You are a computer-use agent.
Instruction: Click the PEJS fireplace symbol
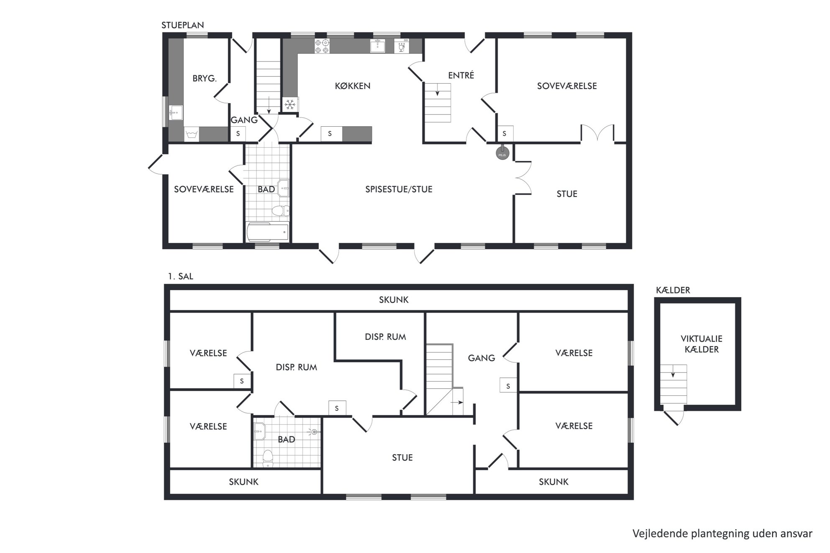pos(502,153)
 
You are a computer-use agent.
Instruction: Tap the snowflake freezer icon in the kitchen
pos(290,104)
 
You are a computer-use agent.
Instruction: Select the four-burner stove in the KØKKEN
pos(322,46)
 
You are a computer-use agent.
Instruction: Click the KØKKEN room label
pos(353,86)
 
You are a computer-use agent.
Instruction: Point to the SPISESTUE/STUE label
pos(399,189)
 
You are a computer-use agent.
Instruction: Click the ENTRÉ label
pos(461,75)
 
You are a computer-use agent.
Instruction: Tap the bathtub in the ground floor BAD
pos(267,232)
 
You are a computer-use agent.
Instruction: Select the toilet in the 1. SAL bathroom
pos(267,459)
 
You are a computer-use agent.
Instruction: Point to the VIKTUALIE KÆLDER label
pos(702,344)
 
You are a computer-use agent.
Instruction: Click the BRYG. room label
pos(205,78)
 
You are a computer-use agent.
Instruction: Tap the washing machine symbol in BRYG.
pos(192,134)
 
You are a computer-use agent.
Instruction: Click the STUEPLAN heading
pos(183,25)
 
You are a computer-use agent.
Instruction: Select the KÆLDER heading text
pos(673,290)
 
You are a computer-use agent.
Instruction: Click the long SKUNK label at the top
pos(394,300)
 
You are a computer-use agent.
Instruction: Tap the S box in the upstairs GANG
pos(508,385)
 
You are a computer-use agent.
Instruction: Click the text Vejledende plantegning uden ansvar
pos(722,534)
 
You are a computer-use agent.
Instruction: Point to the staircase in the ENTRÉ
pos(438,103)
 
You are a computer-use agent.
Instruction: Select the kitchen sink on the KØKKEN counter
pos(378,46)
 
